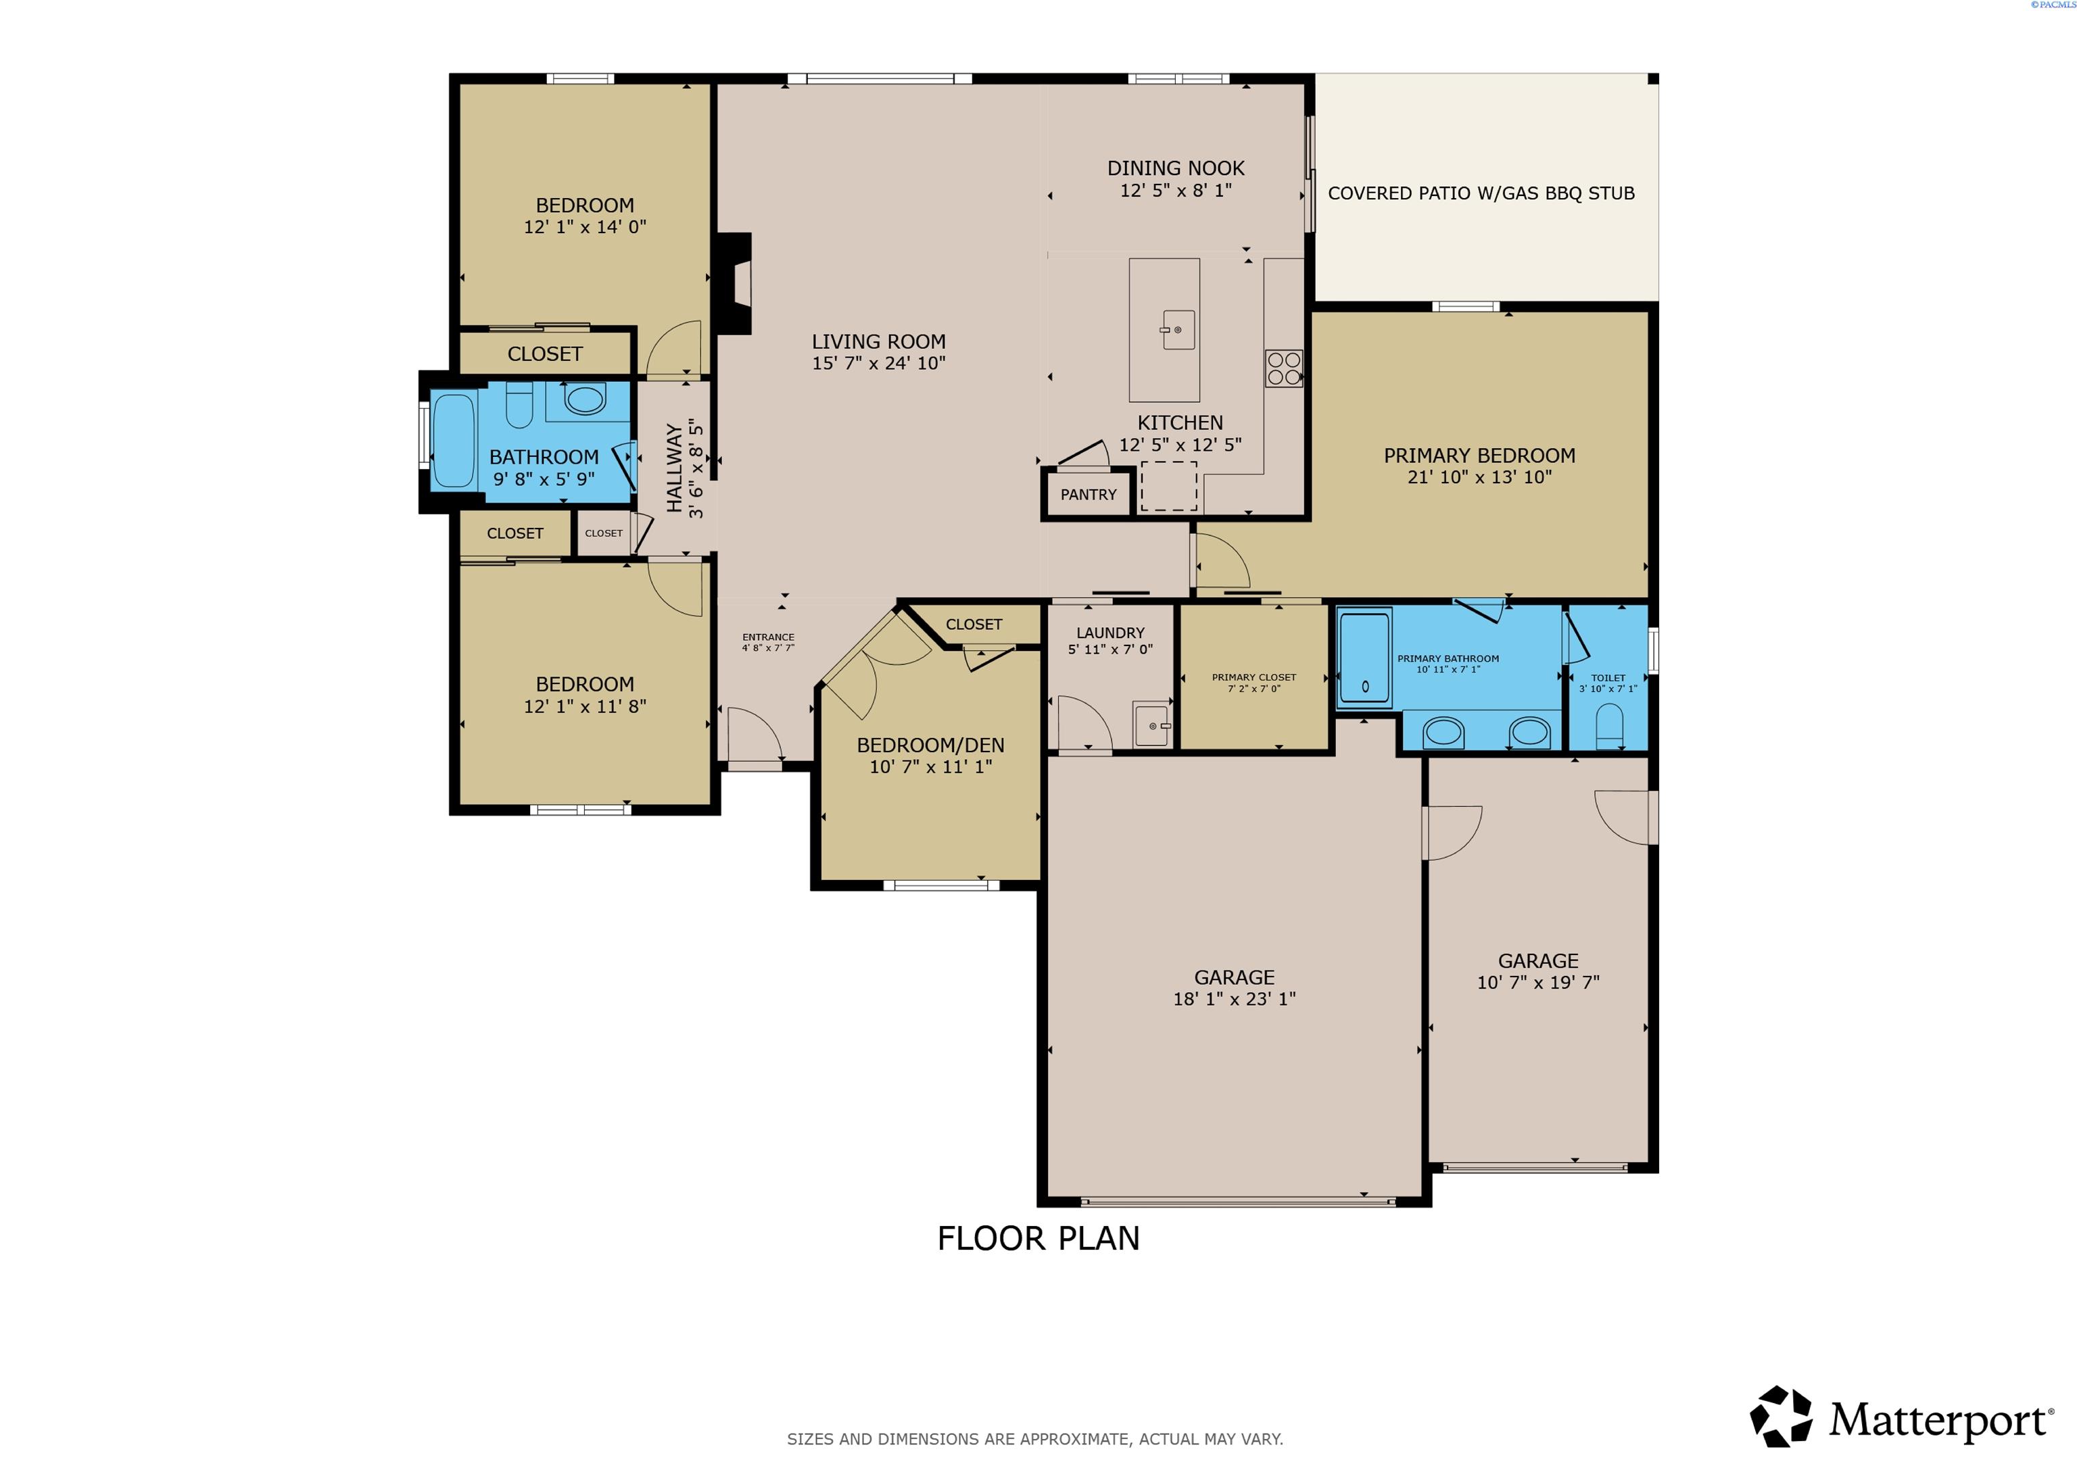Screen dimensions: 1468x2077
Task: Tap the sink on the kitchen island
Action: [1178, 329]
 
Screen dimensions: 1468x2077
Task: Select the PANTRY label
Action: [1089, 495]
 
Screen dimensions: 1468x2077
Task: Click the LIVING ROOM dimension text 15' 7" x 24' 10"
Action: [878, 364]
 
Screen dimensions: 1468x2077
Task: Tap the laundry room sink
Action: [1151, 725]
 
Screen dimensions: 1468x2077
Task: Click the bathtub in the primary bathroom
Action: [1364, 658]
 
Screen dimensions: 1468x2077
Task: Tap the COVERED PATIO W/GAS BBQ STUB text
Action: [1481, 193]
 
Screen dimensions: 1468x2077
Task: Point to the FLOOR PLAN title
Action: [1038, 1238]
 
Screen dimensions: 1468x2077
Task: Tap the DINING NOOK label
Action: [1175, 168]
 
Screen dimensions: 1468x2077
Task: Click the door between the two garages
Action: [1450, 832]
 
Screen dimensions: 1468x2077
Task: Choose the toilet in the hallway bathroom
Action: [519, 406]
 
